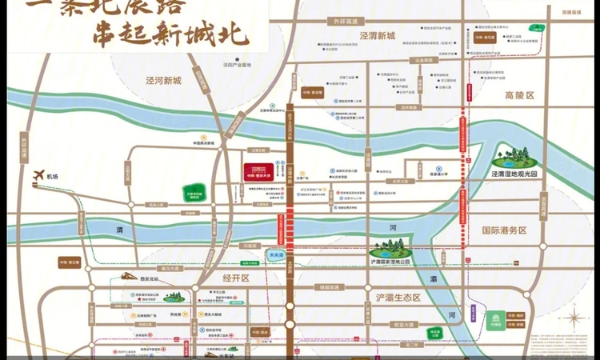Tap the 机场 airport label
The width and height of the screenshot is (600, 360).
(54, 177)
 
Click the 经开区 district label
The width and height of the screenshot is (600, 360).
(234, 278)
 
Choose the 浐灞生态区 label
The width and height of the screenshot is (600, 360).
(398, 298)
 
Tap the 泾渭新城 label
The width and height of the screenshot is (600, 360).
(377, 36)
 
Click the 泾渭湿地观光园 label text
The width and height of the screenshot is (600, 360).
(518, 173)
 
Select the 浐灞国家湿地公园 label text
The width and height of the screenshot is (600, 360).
(390, 262)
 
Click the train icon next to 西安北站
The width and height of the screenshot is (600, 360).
(128, 276)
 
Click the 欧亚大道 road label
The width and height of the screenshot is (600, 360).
(402, 324)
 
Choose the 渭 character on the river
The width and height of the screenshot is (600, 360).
(119, 230)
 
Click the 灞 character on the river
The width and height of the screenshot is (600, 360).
(433, 279)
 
